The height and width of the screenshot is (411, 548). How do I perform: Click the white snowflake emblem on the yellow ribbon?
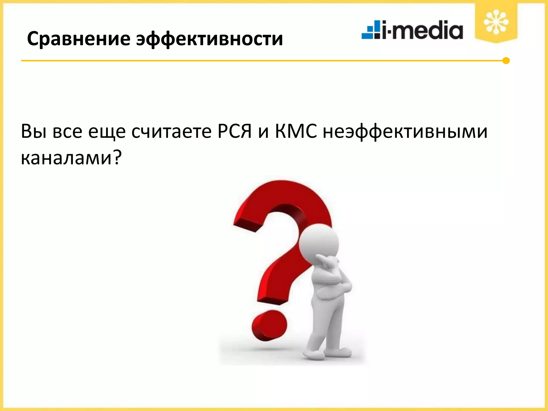(496, 22)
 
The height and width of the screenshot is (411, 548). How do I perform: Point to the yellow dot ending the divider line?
(506, 61)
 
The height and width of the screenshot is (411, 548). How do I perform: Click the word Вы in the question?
(34, 132)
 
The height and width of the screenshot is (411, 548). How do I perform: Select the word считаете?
(171, 132)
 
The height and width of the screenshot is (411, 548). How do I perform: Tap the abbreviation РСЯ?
(234, 132)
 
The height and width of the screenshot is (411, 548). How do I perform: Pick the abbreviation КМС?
(296, 132)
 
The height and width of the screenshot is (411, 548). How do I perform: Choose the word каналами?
(66, 158)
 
